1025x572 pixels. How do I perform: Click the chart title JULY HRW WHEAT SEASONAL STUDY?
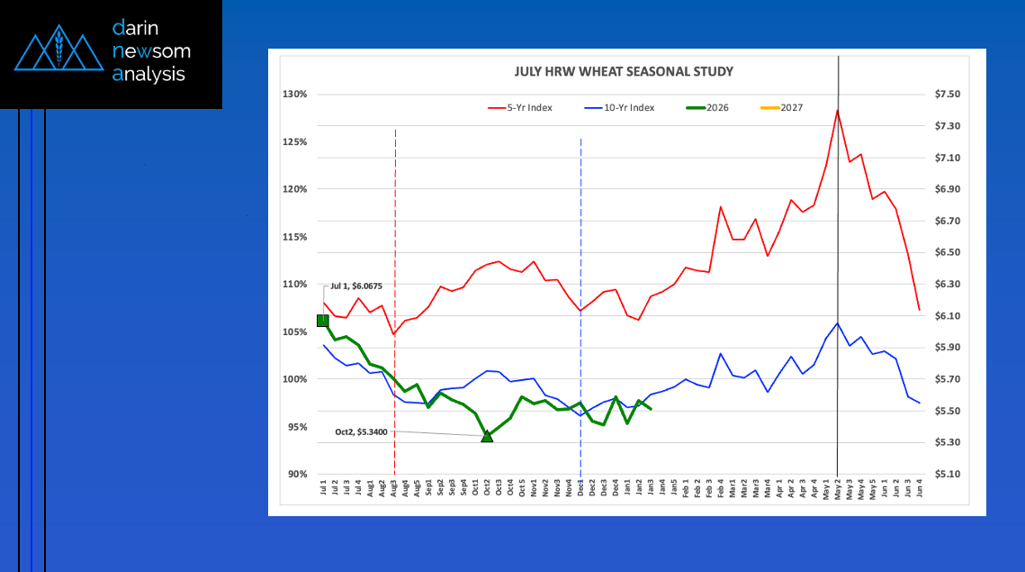tap(624, 71)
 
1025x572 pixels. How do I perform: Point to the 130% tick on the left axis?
tap(295, 95)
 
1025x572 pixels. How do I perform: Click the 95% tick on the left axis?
tap(297, 427)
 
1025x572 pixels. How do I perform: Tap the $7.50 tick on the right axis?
tap(948, 95)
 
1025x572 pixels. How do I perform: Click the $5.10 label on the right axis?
tap(948, 474)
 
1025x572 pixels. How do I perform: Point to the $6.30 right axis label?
tap(948, 284)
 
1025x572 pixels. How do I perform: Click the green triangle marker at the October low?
tap(487, 436)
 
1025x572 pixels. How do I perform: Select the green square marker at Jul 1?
tap(323, 321)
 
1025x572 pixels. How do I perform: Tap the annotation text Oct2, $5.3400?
tap(361, 432)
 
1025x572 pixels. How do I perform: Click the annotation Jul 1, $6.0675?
tap(356, 286)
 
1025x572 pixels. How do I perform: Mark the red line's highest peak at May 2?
tap(838, 110)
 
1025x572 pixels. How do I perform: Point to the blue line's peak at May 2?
tap(838, 323)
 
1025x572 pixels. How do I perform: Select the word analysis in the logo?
tap(149, 75)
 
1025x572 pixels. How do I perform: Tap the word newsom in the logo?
tap(151, 51)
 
